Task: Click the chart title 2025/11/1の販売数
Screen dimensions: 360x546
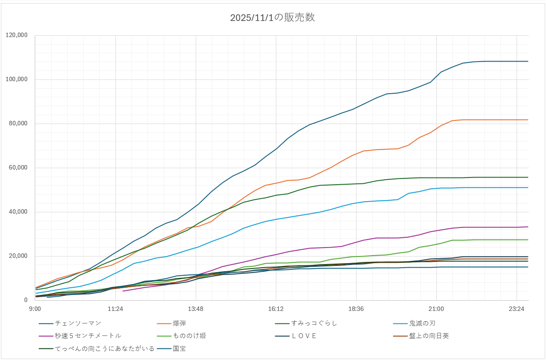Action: [272, 18]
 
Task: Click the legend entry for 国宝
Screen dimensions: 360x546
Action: [179, 348]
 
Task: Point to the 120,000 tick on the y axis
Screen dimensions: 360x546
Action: [16, 35]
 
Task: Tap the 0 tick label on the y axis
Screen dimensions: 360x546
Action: [25, 300]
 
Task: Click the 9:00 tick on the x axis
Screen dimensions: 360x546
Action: [35, 309]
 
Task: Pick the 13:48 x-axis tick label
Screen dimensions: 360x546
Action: [196, 309]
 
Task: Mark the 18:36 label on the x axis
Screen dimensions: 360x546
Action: [356, 309]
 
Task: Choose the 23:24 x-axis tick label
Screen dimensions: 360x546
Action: [516, 309]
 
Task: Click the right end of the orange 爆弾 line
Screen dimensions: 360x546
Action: [528, 120]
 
